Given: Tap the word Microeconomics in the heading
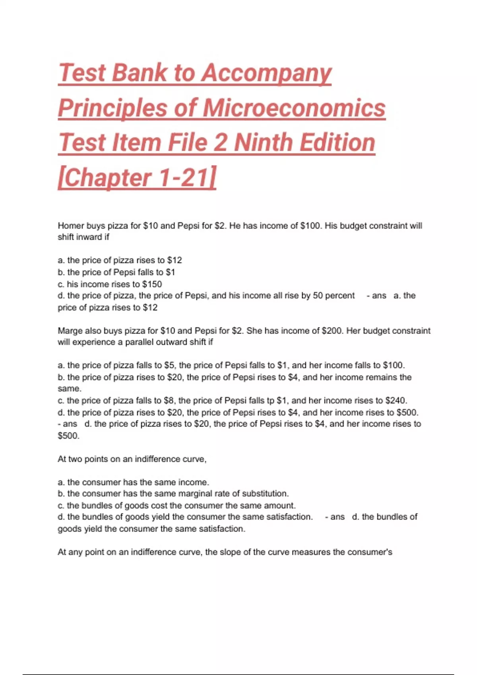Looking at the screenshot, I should [294, 108].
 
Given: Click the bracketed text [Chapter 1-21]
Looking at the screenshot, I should [137, 177].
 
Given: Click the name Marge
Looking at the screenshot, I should [69, 331].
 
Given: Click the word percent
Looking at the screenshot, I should [340, 296].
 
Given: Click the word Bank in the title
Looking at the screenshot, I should [139, 73].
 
